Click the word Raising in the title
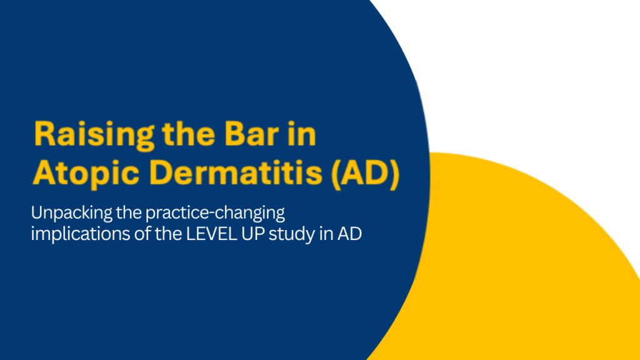click(x=94, y=135)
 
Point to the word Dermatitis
click(x=236, y=172)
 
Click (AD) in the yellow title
click(x=365, y=173)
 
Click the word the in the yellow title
click(x=189, y=134)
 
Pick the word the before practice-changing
click(x=129, y=213)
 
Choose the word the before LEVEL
click(x=168, y=234)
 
